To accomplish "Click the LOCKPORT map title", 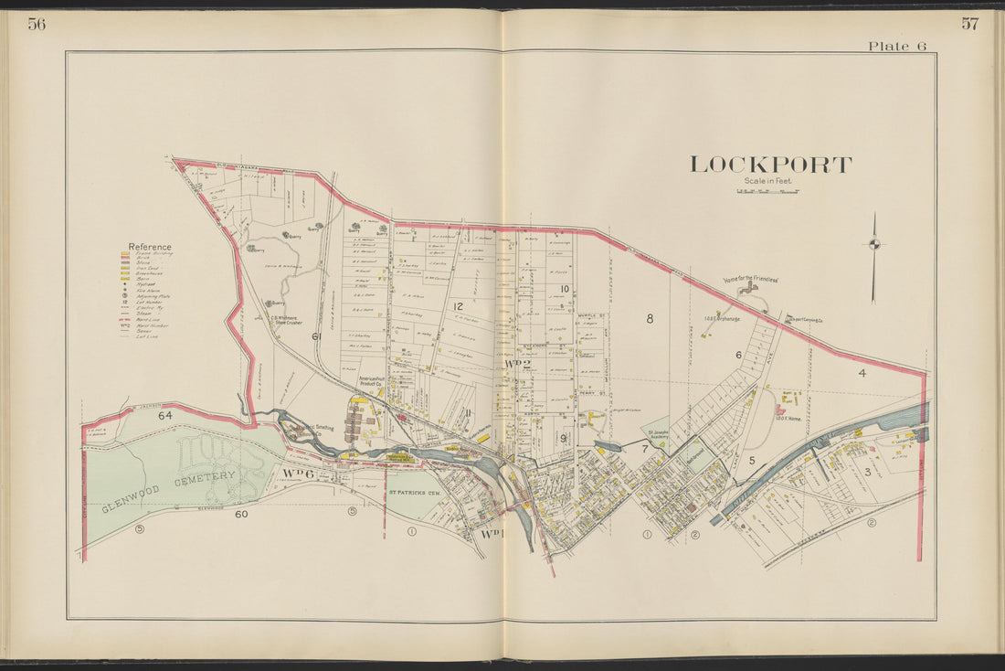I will (770, 165).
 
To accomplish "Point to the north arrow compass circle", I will (873, 243).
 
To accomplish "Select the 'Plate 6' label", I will (902, 47).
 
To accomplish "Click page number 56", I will (37, 25).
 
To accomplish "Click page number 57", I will (969, 25).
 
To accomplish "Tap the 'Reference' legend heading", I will (149, 247).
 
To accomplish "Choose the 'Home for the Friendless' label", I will (750, 280).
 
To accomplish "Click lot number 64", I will (165, 416).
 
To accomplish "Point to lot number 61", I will (317, 336).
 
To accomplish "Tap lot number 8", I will (650, 318).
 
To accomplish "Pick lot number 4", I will (862, 372).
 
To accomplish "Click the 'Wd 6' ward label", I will (298, 473).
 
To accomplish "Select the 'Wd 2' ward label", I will (518, 365).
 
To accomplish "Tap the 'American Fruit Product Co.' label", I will (373, 382).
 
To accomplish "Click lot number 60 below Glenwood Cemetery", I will (241, 514).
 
